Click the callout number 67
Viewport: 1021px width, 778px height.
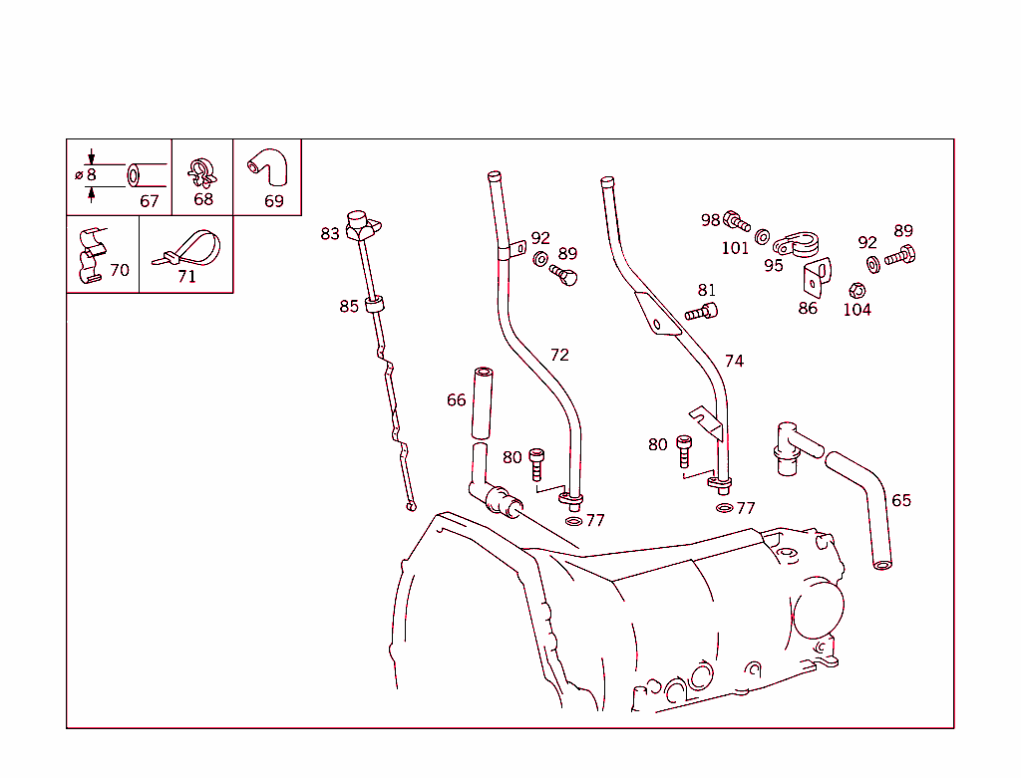[149, 201]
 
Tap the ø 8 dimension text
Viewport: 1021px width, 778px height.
[86, 175]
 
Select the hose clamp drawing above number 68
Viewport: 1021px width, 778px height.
[202, 171]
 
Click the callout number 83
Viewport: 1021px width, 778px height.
[330, 234]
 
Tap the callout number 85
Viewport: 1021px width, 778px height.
[348, 306]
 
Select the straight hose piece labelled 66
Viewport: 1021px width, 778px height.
[482, 402]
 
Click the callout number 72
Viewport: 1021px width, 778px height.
[559, 355]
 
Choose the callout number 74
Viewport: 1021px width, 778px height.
[734, 361]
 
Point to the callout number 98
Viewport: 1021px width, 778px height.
[710, 220]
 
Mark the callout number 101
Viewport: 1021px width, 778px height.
[735, 248]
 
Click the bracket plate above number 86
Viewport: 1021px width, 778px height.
[817, 278]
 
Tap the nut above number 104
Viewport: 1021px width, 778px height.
[854, 290]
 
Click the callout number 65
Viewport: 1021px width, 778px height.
[900, 500]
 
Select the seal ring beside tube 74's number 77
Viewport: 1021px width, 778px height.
[723, 508]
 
